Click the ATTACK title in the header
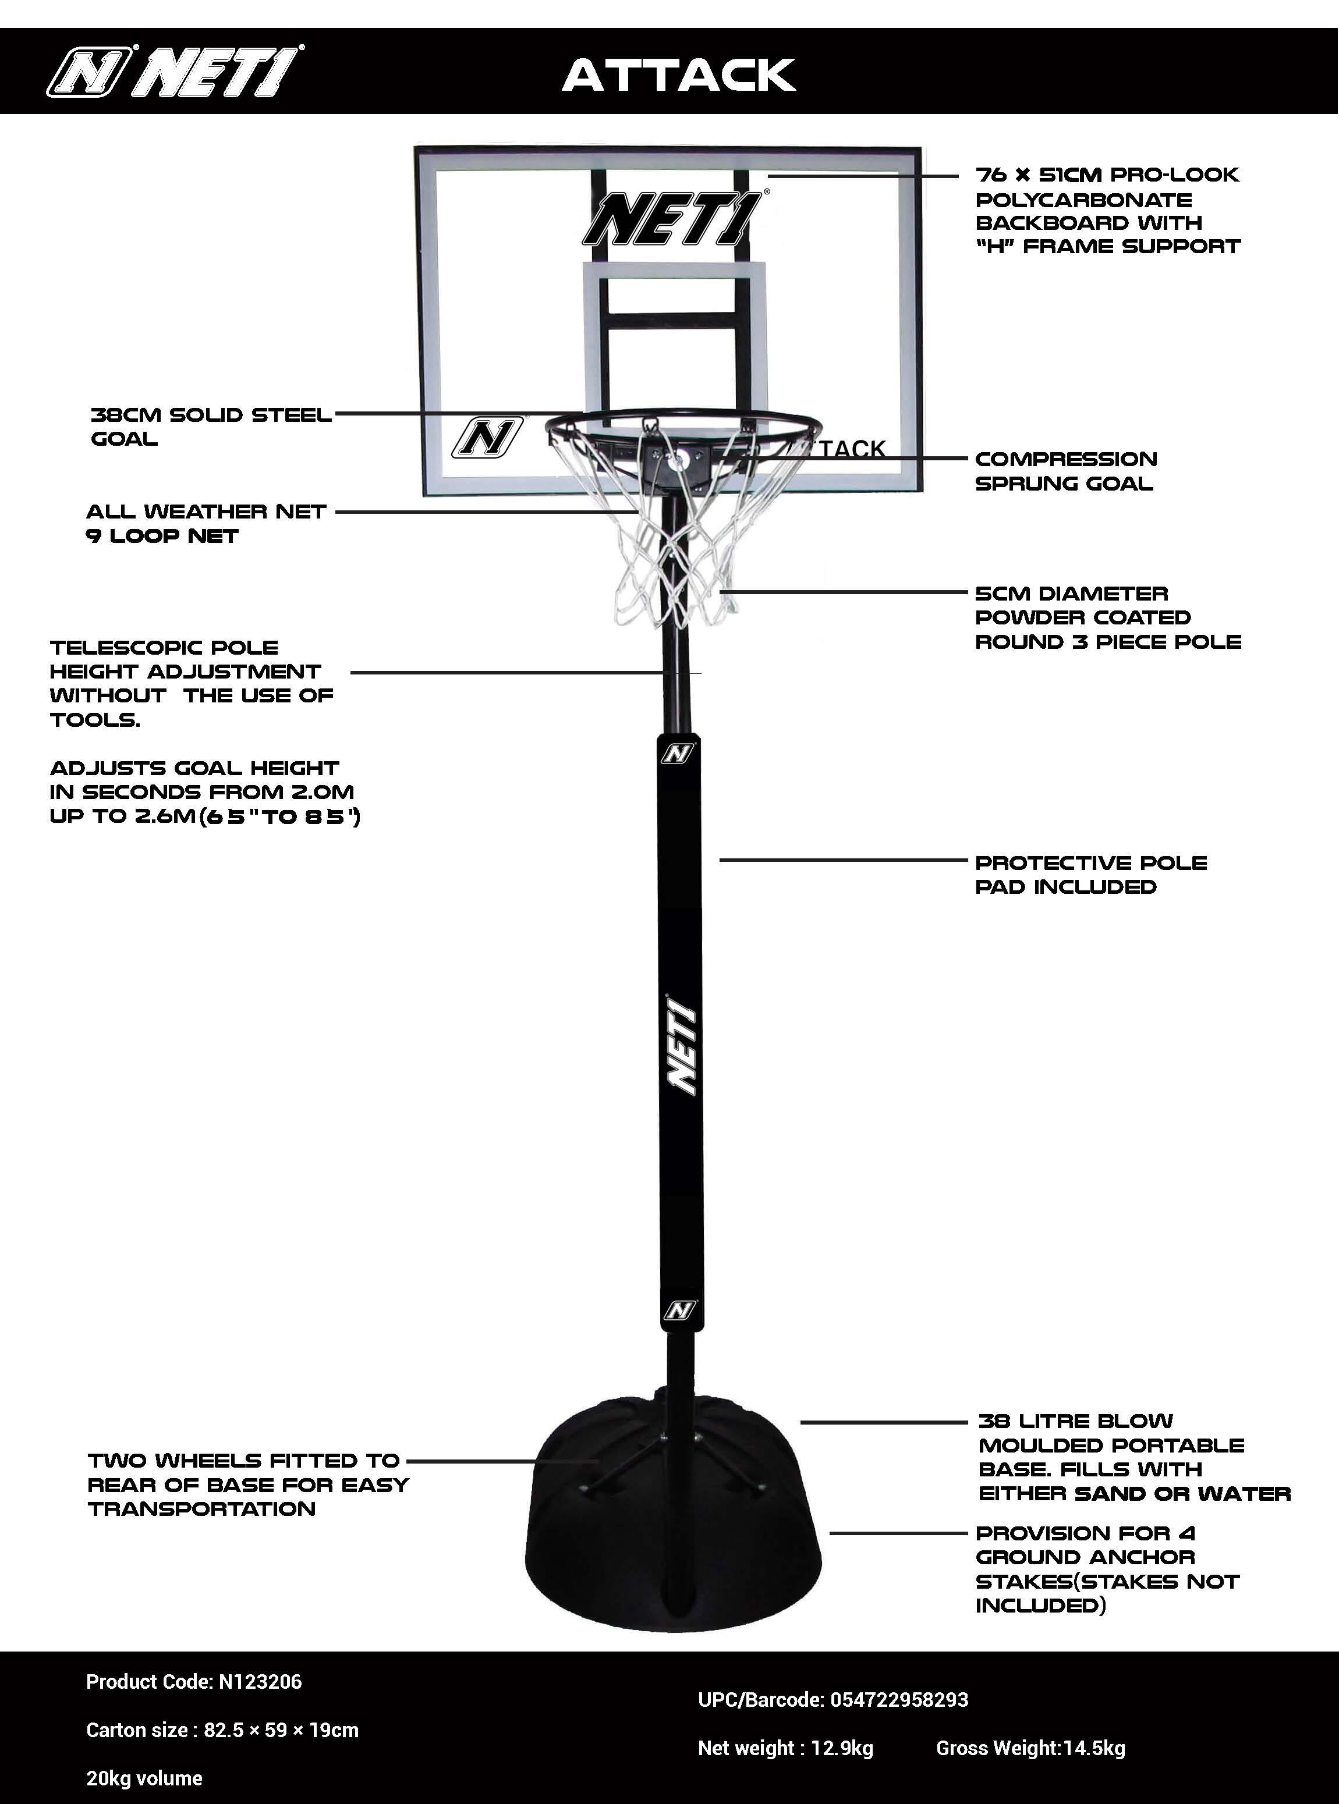click(x=679, y=74)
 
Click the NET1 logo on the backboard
click(x=673, y=219)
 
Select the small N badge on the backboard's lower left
click(x=486, y=438)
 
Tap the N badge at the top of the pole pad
click(x=678, y=754)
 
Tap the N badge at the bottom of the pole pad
click(x=680, y=1310)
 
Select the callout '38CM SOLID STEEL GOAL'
click(x=211, y=427)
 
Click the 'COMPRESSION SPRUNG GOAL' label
click(x=1066, y=471)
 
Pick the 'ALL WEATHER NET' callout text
click(x=206, y=512)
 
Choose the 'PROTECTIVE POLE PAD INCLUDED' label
click(x=1091, y=875)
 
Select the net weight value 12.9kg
click(x=842, y=1748)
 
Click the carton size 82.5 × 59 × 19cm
click(x=281, y=1730)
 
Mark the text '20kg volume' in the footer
click(x=144, y=1778)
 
